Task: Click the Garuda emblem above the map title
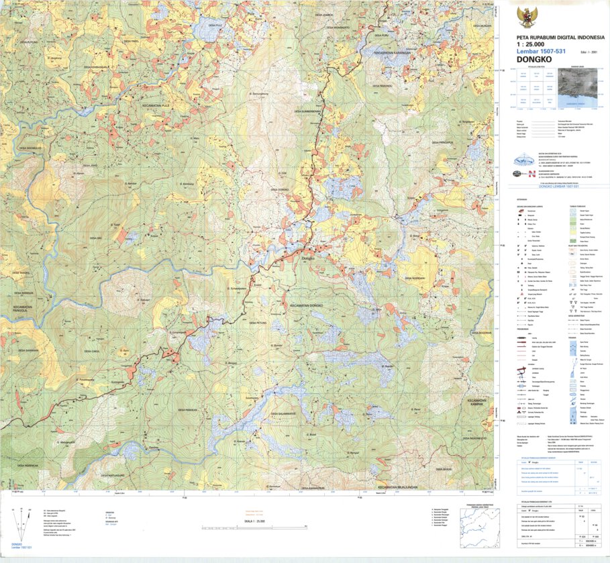(526, 16)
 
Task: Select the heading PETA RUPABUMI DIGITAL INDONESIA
(560, 38)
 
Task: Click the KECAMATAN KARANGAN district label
(393, 51)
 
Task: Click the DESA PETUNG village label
(258, 322)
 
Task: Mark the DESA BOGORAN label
(481, 332)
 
